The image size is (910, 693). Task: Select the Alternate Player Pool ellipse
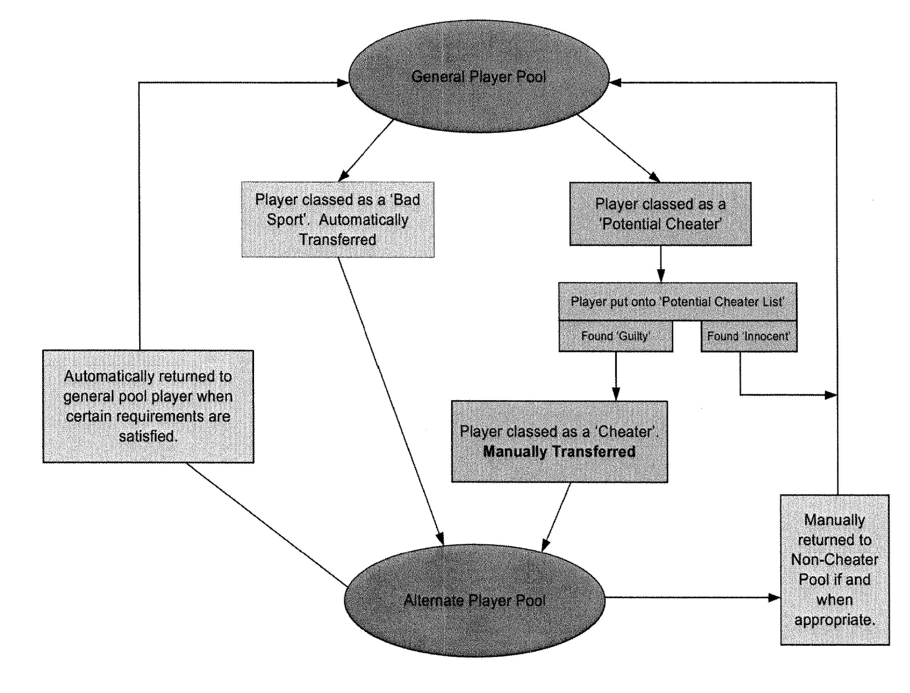(474, 600)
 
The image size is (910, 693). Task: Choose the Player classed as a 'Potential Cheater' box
(660, 214)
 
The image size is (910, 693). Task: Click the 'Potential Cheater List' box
(677, 302)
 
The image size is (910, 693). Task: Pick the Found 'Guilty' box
(615, 336)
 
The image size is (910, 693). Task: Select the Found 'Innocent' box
(749, 336)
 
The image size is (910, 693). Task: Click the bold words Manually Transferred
(559, 452)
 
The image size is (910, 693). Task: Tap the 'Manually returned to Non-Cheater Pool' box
(835, 569)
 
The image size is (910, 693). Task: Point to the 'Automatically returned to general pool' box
(148, 406)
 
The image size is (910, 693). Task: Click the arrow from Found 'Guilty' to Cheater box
(616, 375)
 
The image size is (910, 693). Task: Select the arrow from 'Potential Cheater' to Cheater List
(661, 264)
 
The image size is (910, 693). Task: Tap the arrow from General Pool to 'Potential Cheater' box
(618, 148)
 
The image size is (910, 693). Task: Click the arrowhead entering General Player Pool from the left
(342, 82)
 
